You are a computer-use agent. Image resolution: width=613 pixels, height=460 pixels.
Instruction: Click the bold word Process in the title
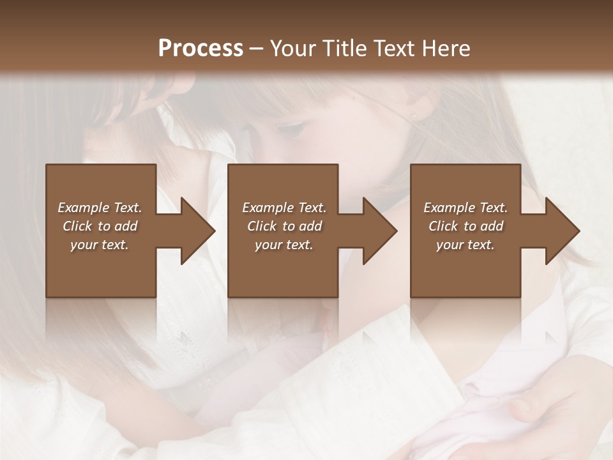[201, 49]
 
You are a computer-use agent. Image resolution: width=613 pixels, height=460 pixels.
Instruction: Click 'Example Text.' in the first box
[100, 208]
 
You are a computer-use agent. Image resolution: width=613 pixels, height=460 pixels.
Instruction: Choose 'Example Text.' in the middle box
[284, 208]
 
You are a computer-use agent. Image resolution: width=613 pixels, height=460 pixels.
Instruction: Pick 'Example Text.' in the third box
[465, 208]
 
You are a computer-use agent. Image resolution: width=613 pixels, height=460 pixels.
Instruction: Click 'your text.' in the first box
[100, 245]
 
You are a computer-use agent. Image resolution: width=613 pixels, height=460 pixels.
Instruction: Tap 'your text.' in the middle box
[284, 245]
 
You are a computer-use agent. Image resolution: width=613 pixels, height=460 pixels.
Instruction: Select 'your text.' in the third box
[465, 245]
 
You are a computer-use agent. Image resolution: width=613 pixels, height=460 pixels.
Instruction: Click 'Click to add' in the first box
[100, 226]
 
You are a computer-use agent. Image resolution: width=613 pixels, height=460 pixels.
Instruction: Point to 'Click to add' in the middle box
[284, 226]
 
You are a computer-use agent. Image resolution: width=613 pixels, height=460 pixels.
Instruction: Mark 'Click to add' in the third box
[465, 226]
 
